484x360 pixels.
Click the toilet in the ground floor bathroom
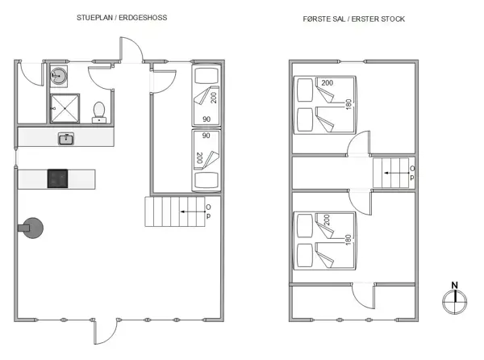(100, 110)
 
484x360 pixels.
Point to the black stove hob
(58, 178)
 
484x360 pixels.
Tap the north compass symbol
(454, 299)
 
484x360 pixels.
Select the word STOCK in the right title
(389, 18)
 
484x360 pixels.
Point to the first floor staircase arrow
(394, 172)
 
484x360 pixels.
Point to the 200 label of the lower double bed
(327, 219)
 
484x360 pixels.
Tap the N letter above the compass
(454, 285)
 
